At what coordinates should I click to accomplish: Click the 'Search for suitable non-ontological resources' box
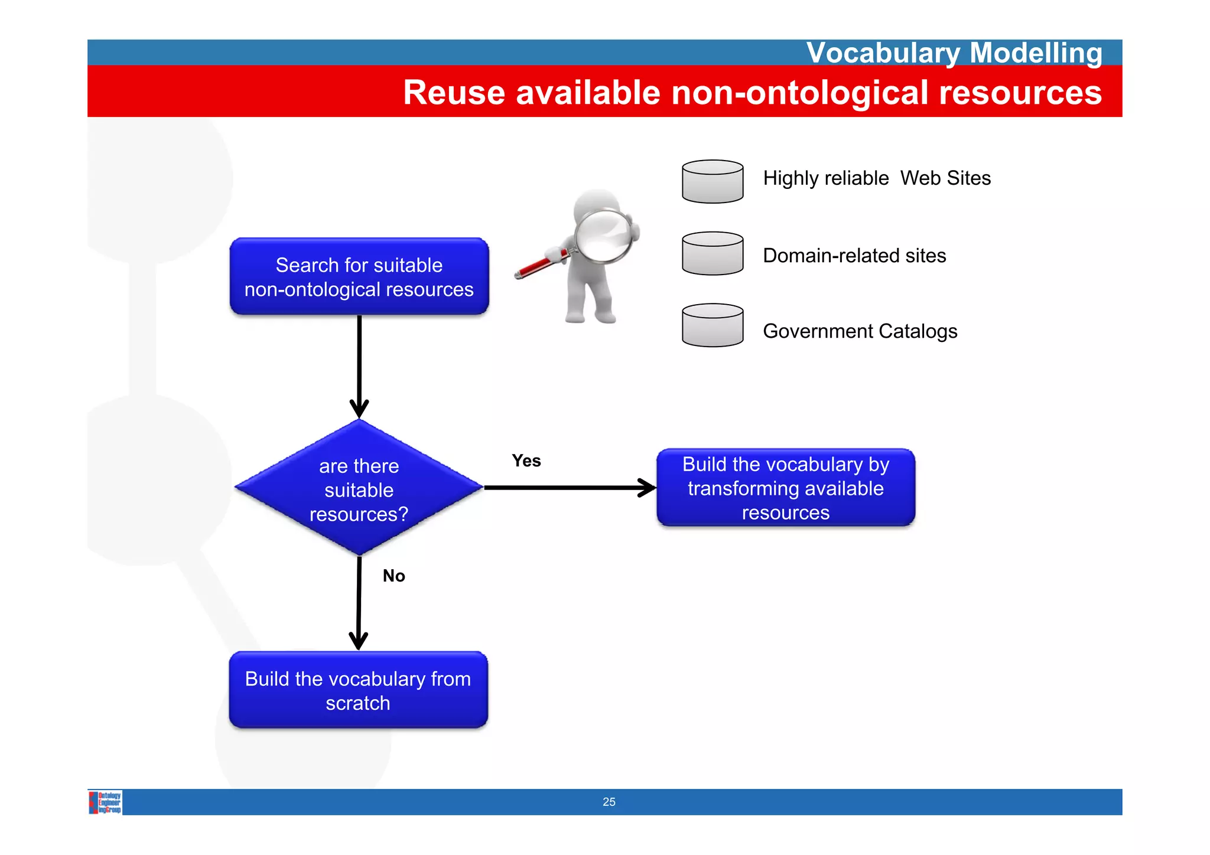pyautogui.click(x=359, y=276)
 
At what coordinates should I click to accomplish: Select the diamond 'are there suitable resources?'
pyautogui.click(x=359, y=488)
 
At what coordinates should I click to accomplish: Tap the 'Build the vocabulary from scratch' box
pyautogui.click(x=358, y=690)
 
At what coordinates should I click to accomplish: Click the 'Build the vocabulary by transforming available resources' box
pyautogui.click(x=785, y=488)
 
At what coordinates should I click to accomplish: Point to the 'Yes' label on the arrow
pyautogui.click(x=526, y=461)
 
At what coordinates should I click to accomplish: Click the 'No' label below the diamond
pyautogui.click(x=393, y=576)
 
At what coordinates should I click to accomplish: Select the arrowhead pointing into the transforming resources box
pyautogui.click(x=648, y=488)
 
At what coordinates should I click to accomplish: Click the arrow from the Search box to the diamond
pyautogui.click(x=359, y=360)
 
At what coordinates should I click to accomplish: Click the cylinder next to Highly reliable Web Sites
pyautogui.click(x=712, y=182)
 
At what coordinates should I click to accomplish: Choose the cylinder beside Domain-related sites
pyautogui.click(x=712, y=253)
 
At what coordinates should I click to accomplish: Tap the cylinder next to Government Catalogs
pyautogui.click(x=712, y=325)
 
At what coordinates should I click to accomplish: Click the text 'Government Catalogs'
pyautogui.click(x=860, y=331)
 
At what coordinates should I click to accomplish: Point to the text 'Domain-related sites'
pyautogui.click(x=854, y=256)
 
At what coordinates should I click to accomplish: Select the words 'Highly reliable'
pyautogui.click(x=825, y=178)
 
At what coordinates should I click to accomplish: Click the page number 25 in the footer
pyautogui.click(x=609, y=802)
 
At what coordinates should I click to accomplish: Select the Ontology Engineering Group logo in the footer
pyautogui.click(x=106, y=802)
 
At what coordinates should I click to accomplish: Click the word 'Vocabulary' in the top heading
pyautogui.click(x=883, y=53)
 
